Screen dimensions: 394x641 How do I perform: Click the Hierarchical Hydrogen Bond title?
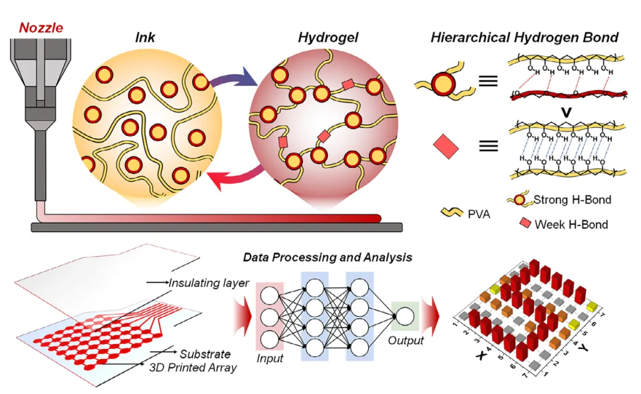(524, 37)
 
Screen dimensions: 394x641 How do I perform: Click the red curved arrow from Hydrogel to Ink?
(234, 178)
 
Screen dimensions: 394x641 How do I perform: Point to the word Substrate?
(205, 354)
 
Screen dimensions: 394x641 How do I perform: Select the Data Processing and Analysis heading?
(328, 258)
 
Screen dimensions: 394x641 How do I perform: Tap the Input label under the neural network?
(271, 358)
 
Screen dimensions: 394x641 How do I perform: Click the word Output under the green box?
(406, 341)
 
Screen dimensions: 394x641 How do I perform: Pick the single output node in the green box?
(405, 315)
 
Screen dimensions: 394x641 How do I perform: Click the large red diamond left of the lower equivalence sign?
(446, 145)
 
